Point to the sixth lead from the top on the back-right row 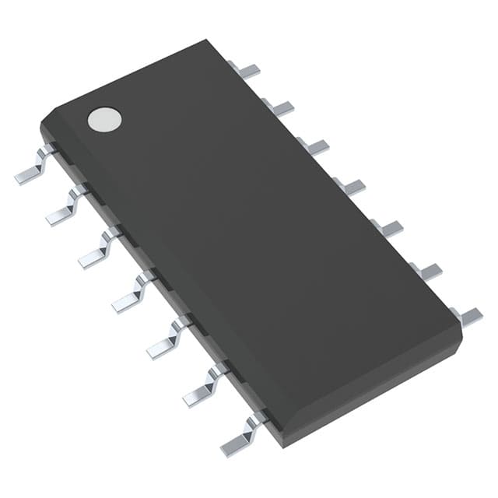click(x=425, y=270)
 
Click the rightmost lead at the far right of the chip click(x=467, y=315)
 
